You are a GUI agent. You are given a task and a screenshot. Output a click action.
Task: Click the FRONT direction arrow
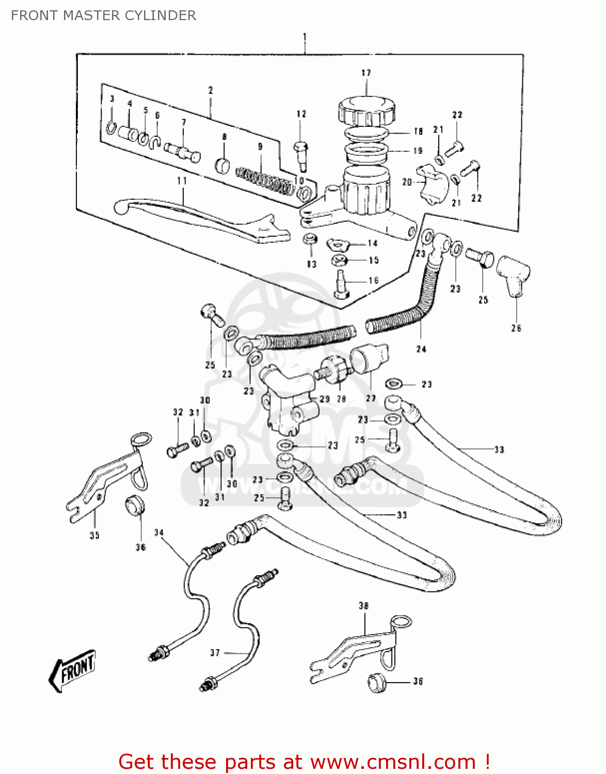click(x=72, y=669)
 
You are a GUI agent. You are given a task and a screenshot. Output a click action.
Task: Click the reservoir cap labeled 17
click(x=366, y=110)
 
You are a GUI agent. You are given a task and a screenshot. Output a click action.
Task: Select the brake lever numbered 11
click(x=201, y=219)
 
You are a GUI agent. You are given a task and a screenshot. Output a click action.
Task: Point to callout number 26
click(x=516, y=328)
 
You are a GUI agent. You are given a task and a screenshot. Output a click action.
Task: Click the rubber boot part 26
click(x=514, y=276)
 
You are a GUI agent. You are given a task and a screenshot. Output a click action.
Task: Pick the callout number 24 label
click(x=421, y=349)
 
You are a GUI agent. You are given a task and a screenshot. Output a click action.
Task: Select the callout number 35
click(x=94, y=536)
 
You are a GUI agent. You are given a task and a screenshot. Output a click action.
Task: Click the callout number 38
click(x=364, y=606)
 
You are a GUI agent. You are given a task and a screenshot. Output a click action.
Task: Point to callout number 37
click(x=215, y=653)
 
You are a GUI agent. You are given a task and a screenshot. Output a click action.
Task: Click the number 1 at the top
click(x=305, y=37)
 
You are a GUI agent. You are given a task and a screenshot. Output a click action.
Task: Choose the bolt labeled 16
click(x=341, y=284)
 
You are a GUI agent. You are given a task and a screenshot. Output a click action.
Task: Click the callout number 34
click(x=159, y=533)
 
